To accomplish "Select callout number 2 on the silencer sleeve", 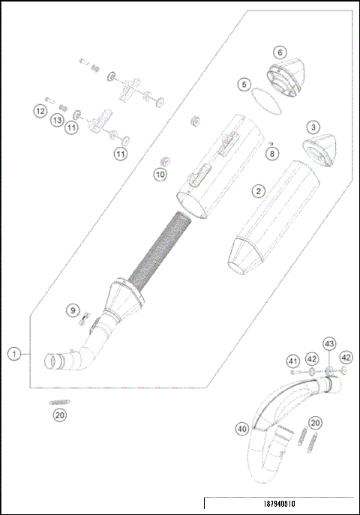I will click(258, 191).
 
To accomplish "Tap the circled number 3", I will click(313, 127).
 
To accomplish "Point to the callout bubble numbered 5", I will click(244, 85).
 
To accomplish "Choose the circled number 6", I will click(279, 52).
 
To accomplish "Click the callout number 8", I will click(272, 153).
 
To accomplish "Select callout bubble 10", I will click(160, 174).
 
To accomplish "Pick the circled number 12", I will click(40, 111).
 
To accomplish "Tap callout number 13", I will click(57, 120).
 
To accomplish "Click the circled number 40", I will click(241, 429).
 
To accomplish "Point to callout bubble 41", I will click(293, 361).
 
